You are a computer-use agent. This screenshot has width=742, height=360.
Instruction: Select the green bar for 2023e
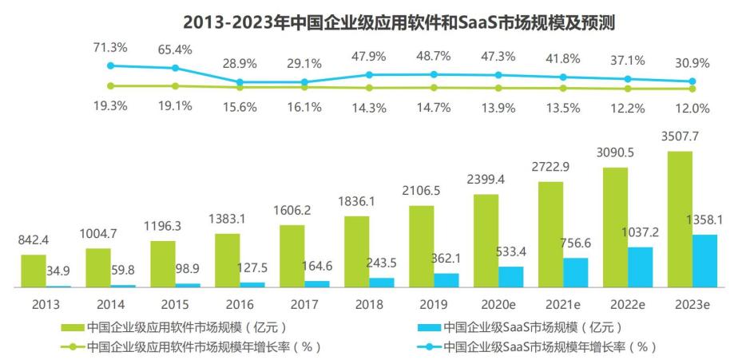pyautogui.click(x=680, y=219)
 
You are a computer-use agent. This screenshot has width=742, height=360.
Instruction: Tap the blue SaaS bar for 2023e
pyautogui.click(x=705, y=260)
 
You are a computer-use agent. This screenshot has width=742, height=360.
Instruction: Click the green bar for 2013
pyautogui.click(x=34, y=271)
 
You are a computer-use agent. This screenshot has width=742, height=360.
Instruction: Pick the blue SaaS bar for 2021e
pyautogui.click(x=576, y=272)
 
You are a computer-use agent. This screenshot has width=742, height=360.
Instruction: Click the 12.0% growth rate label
pyautogui.click(x=692, y=108)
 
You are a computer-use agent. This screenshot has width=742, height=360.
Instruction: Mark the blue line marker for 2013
pyautogui.click(x=111, y=66)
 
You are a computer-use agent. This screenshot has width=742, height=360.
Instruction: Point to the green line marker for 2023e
pyautogui.click(x=692, y=89)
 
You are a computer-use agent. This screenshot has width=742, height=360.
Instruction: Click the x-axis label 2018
pyautogui.click(x=369, y=304)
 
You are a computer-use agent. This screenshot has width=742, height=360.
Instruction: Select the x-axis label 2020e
pyautogui.click(x=498, y=304)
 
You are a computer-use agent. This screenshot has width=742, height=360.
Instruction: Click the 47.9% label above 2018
pyautogui.click(x=369, y=57)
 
